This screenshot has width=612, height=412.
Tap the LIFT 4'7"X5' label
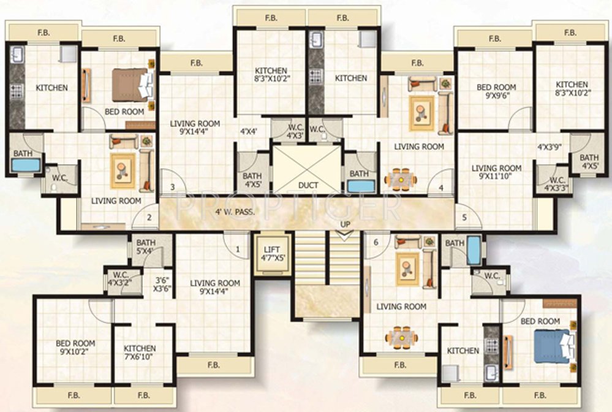[x=270, y=254]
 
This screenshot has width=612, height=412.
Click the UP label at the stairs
[x=346, y=224]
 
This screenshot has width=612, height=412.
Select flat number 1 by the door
[x=238, y=248]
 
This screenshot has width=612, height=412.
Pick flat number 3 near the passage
[x=173, y=187]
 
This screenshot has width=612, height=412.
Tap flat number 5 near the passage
[x=464, y=217]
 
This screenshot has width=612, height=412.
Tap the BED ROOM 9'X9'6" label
[x=496, y=91]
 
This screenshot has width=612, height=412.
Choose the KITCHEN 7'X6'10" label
[x=140, y=353]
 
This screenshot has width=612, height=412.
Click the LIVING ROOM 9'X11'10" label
[x=497, y=172]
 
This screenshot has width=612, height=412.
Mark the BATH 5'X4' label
[x=146, y=246]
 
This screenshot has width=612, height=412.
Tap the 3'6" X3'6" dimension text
[x=162, y=284]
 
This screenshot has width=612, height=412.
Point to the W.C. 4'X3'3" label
[x=557, y=184]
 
